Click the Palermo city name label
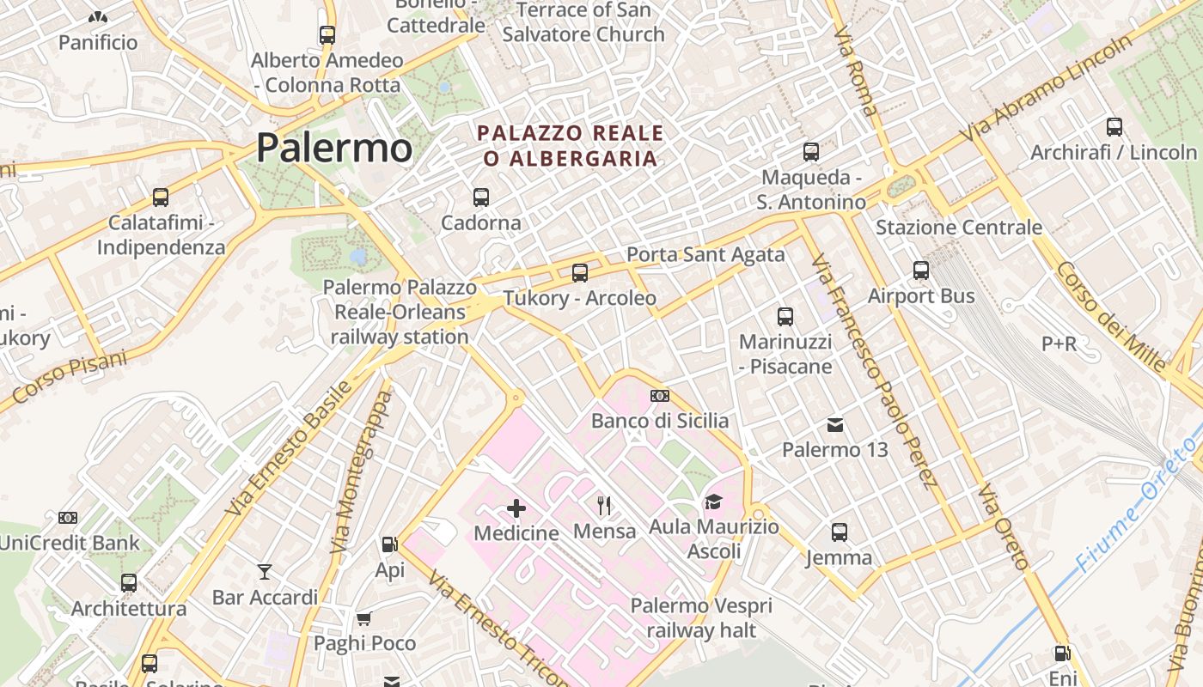[334, 148]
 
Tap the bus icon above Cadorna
[481, 198]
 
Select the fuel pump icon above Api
[389, 544]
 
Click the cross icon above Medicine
[516, 508]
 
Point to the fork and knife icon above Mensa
[604, 505]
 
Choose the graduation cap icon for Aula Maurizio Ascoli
[713, 502]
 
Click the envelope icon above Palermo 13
[834, 425]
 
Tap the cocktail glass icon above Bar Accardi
[265, 571]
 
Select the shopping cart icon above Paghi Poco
[364, 618]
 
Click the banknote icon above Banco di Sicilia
[660, 396]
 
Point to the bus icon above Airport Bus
[921, 271]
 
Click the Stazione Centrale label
[959, 228]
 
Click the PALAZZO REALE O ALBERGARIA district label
[571, 146]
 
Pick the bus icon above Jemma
[840, 532]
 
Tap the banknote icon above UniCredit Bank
[68, 518]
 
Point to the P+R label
[1059, 343]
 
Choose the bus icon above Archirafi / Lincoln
[1114, 127]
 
